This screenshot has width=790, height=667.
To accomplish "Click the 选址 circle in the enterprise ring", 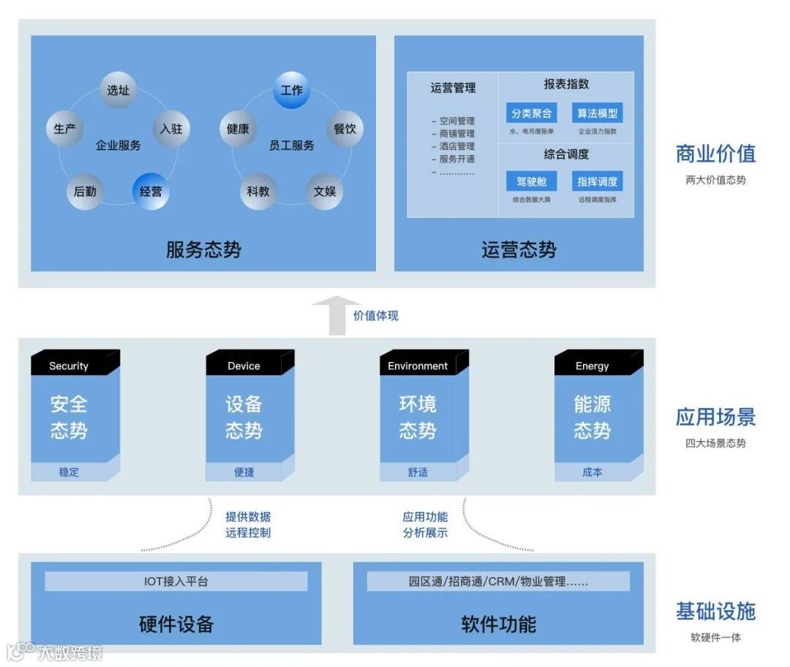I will tap(118, 90).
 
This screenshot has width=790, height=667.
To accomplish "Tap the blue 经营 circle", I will tap(151, 192).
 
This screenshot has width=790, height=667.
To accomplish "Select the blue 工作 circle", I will tap(291, 90).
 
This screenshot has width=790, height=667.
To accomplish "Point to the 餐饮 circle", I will tap(345, 129).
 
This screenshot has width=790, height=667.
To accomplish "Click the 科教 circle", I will tap(258, 192).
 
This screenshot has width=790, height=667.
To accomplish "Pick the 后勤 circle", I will tap(85, 192).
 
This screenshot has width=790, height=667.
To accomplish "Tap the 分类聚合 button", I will tap(531, 113).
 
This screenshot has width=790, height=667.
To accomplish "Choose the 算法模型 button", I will tap(597, 113).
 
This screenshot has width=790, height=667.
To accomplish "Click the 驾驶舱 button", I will tap(531, 181).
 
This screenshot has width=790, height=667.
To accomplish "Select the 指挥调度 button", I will tap(597, 181).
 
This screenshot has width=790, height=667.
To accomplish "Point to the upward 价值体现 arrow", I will tap(336, 315).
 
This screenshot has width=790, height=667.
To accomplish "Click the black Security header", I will tap(69, 366).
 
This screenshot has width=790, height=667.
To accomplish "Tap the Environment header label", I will tap(418, 366).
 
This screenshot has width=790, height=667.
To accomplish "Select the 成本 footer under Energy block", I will tap(592, 472).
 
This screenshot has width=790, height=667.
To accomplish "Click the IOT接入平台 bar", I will tap(176, 581).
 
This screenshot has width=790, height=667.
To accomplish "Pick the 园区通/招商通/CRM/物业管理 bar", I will tap(498, 581).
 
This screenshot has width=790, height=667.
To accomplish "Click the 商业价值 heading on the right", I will tap(715, 154).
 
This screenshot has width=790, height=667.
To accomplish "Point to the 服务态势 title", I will tap(203, 250).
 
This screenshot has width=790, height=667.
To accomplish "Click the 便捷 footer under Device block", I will tap(244, 472).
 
